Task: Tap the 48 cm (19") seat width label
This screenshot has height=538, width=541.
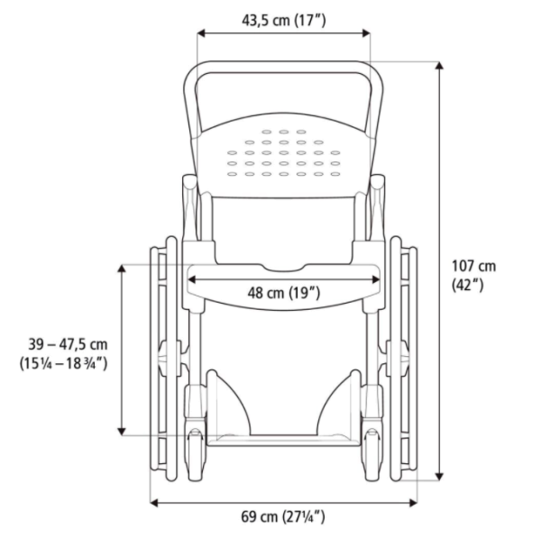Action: point(283,292)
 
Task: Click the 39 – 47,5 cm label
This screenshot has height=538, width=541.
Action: point(68,344)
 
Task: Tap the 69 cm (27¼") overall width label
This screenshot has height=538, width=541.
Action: point(282,516)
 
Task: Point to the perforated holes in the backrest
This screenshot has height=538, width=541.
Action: point(283,153)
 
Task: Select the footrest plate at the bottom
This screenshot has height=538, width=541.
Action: point(283,440)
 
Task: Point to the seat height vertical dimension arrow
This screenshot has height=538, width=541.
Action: point(123,351)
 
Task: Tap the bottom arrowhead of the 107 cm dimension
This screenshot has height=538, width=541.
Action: point(439,476)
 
